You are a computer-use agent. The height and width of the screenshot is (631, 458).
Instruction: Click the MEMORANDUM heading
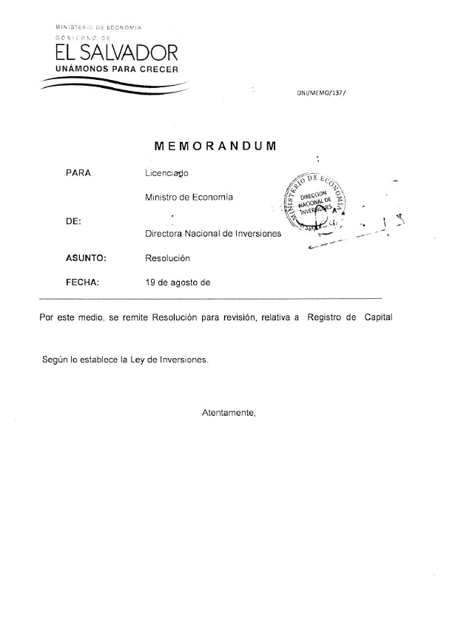[x=215, y=146]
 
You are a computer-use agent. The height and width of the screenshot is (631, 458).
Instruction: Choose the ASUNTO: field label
[x=87, y=258]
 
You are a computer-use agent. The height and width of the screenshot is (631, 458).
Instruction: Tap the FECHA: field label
[x=82, y=282]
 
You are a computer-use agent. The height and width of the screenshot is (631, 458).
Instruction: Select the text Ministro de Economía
[x=189, y=197]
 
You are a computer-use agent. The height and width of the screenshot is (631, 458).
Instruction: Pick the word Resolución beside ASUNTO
[x=168, y=258]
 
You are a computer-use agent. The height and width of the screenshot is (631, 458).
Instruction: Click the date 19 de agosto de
[x=178, y=282]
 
